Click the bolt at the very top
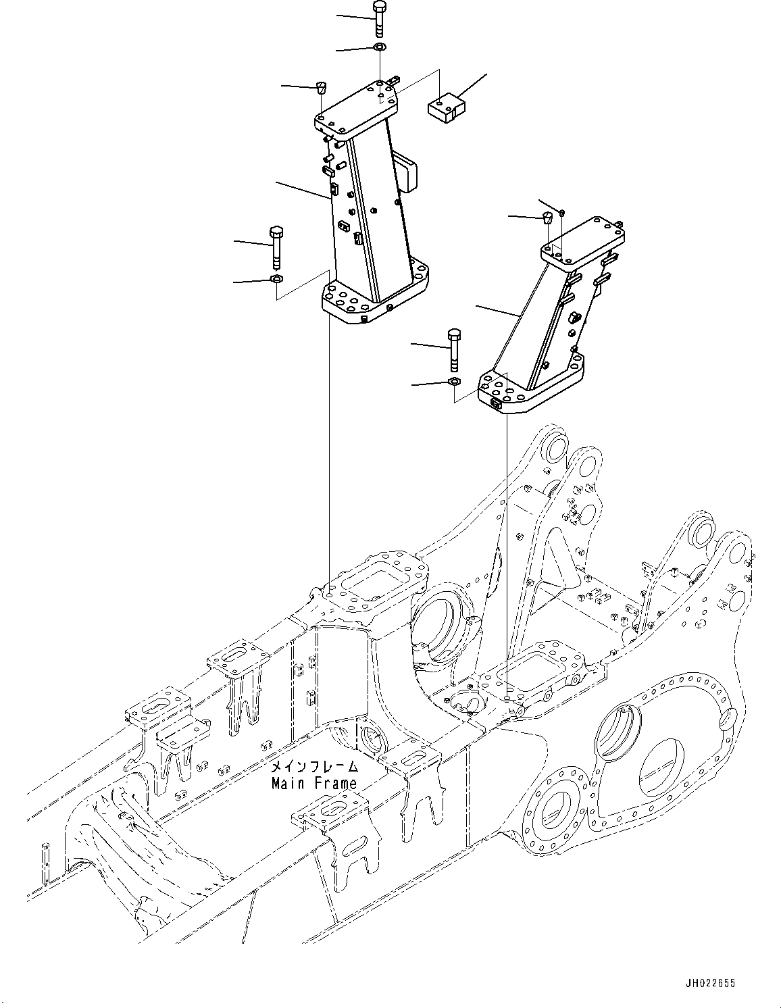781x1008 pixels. (x=378, y=18)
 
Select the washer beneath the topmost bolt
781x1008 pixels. (x=380, y=47)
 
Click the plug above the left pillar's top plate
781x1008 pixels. (x=322, y=86)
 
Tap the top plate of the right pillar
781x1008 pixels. (x=584, y=243)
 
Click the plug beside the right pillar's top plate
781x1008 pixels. (x=548, y=218)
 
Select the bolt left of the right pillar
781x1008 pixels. (x=454, y=348)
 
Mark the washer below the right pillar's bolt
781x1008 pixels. (x=455, y=383)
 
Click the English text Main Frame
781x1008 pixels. (x=313, y=784)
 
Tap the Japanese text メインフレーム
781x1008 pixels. (x=313, y=767)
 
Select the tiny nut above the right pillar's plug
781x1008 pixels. (x=563, y=213)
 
